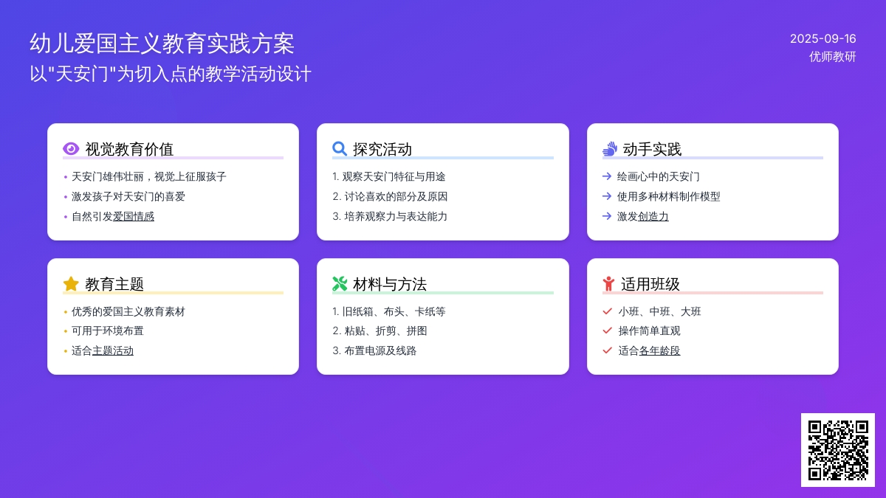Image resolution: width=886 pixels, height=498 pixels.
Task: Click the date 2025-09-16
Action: [823, 38]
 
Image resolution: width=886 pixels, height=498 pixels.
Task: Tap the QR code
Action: [838, 450]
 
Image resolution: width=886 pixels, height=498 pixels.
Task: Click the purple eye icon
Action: [71, 148]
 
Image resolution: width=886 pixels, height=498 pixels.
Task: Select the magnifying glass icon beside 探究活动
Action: [340, 148]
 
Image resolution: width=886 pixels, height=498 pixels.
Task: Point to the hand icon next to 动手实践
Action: [610, 148]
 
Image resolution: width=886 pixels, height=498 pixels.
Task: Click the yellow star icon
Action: [71, 284]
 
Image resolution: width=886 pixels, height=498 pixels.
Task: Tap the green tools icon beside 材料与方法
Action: [340, 284]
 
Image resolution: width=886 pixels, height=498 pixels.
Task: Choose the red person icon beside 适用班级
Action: [608, 284]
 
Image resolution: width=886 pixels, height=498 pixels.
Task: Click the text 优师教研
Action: [832, 57]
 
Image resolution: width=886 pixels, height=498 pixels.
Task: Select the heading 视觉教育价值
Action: [129, 149]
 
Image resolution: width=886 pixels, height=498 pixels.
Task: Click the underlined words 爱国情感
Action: [134, 217]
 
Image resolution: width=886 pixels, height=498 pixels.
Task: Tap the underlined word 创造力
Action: [653, 217]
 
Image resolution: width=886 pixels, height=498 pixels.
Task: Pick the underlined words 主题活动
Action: [113, 351]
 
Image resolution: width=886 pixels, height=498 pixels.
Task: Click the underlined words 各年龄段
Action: [659, 351]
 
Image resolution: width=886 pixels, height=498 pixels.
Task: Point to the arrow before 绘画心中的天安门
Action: [607, 176]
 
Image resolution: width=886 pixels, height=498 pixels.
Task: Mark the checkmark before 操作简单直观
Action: [607, 331]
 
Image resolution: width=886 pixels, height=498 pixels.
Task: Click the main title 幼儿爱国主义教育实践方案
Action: [162, 44]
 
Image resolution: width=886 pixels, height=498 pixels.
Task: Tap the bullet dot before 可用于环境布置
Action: [66, 331]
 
